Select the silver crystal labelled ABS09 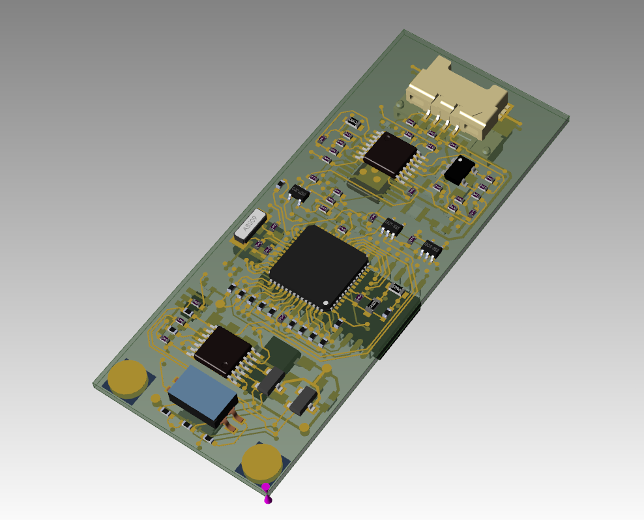(x=250, y=225)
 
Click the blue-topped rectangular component (x=202, y=393)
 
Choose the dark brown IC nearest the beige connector (x=390, y=154)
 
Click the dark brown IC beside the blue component (x=222, y=351)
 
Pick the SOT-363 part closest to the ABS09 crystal (x=299, y=192)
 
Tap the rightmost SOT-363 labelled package (x=431, y=248)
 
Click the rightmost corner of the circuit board (x=568, y=119)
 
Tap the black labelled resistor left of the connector (x=354, y=122)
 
